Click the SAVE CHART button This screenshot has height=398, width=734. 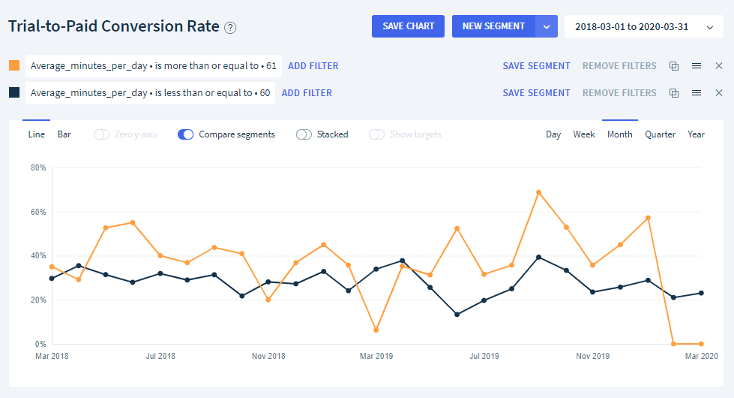pyautogui.click(x=408, y=26)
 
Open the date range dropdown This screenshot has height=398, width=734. pyautogui.click(x=643, y=27)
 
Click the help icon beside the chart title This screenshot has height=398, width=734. pyautogui.click(x=230, y=28)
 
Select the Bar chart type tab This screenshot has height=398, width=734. pyautogui.click(x=64, y=134)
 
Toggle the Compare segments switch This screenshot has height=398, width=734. pyautogui.click(x=186, y=134)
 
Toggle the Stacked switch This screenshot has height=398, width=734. pyautogui.click(x=304, y=134)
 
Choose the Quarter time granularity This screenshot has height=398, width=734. pyautogui.click(x=660, y=134)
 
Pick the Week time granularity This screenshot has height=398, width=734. pyautogui.click(x=584, y=134)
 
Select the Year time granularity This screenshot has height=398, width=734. pyautogui.click(x=696, y=134)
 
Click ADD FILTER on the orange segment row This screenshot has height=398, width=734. pyautogui.click(x=313, y=66)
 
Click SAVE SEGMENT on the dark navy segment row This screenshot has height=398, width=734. pyautogui.click(x=536, y=93)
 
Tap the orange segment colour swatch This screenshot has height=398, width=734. pyautogui.click(x=14, y=65)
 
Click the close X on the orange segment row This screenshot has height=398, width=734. pyautogui.click(x=718, y=66)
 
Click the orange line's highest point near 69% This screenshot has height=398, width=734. pyautogui.click(x=538, y=192)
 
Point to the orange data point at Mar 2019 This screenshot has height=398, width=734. pyautogui.click(x=376, y=330)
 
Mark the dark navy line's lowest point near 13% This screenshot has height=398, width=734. pyautogui.click(x=457, y=315)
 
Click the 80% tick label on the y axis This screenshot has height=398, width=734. pyautogui.click(x=38, y=167)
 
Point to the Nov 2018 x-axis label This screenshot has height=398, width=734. pyautogui.click(x=268, y=356)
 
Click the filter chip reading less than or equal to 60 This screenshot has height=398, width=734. pyautogui.click(x=150, y=93)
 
